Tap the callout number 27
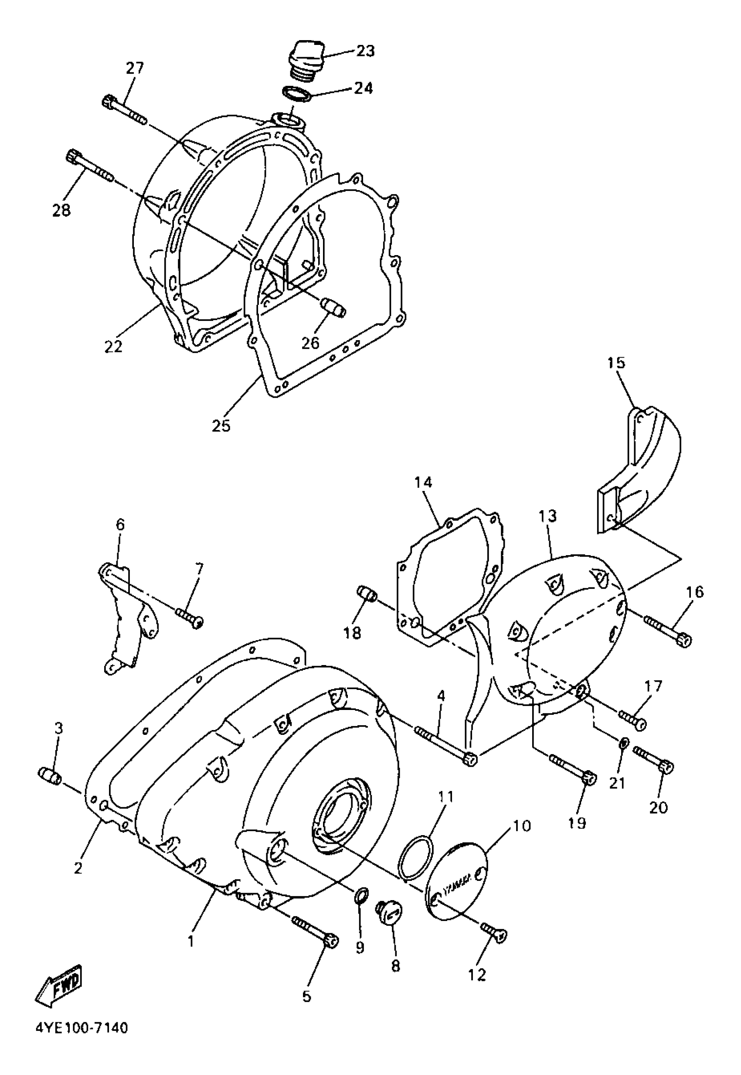point(135,68)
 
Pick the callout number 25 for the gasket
point(221,426)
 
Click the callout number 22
point(113,346)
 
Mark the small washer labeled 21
point(625,742)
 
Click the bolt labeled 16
point(668,631)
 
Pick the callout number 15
point(617,363)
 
